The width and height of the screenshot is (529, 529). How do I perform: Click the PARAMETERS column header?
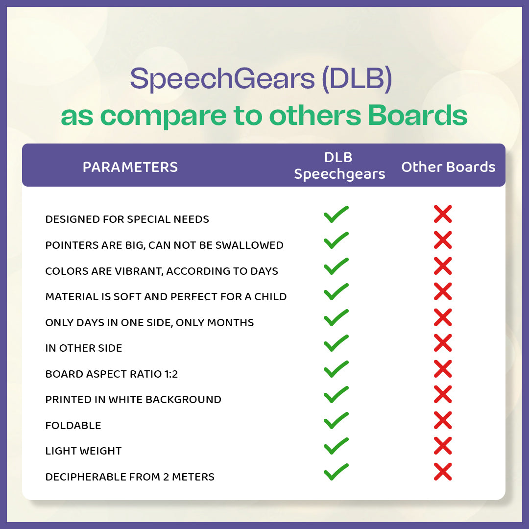pos(130,167)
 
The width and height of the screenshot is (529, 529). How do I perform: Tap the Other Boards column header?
pos(448,167)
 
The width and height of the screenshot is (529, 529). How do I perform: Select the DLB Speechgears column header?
pos(339,166)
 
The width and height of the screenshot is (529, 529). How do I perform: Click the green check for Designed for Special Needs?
pos(336,214)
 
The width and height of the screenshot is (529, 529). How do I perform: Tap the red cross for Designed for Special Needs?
pos(443,214)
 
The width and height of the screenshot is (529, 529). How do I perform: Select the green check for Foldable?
pos(336,420)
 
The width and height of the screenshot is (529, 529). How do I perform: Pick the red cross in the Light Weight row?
pos(443,446)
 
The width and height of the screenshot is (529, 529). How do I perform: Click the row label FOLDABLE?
pos(73,426)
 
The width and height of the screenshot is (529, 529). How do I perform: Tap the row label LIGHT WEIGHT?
pos(83,451)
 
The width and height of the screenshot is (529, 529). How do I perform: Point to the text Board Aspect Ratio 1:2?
pos(112,374)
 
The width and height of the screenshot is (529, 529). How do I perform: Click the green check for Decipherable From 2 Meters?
pos(336,472)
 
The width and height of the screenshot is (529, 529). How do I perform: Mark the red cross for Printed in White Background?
pos(443,394)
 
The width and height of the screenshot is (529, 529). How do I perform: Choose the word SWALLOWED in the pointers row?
pos(249,245)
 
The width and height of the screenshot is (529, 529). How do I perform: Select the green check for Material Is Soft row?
pos(336,292)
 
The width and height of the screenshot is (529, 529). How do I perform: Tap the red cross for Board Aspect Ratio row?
pos(443,369)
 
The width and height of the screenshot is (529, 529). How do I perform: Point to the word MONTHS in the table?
pos(230,322)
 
